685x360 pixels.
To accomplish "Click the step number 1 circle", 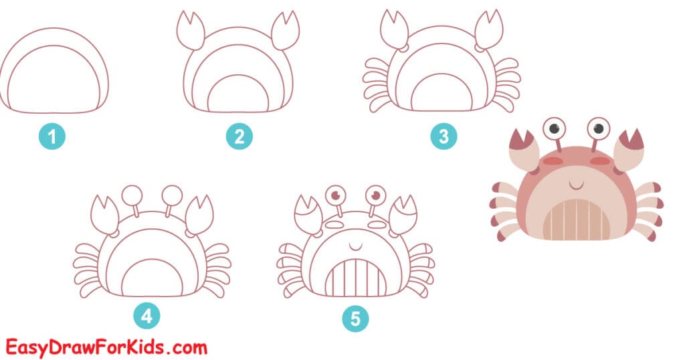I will tap(54, 137).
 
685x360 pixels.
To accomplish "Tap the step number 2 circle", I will tap(239, 137).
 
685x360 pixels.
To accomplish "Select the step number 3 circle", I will tap(443, 137).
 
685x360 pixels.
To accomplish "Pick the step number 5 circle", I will tap(355, 319).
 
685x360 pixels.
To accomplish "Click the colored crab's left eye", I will tap(553, 127).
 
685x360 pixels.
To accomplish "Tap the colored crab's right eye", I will tap(598, 127).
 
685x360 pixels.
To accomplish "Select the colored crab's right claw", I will tap(629, 149).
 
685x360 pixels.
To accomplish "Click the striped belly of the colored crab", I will tap(576, 217).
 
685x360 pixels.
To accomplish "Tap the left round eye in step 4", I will tap(130, 195).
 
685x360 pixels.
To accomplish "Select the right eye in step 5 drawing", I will tap(376, 196).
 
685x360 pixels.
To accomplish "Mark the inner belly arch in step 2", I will tap(239, 94).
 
